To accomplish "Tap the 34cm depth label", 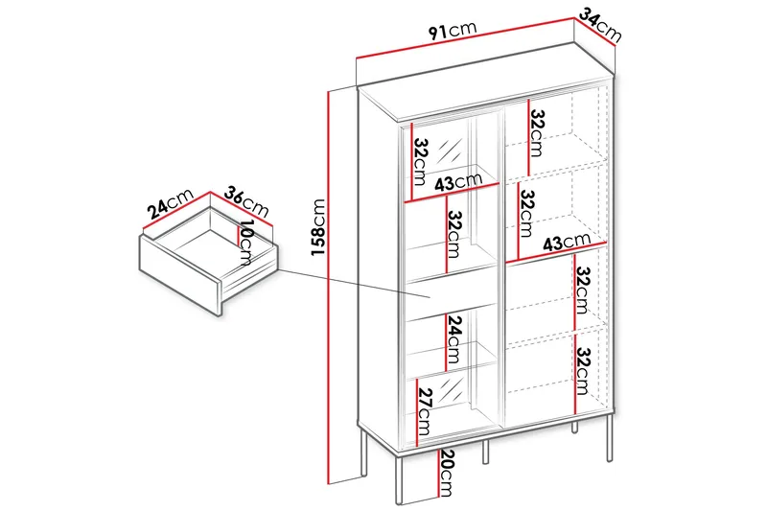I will [601, 27].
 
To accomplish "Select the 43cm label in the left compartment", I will [457, 182].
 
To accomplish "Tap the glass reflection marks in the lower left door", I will [455, 393].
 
